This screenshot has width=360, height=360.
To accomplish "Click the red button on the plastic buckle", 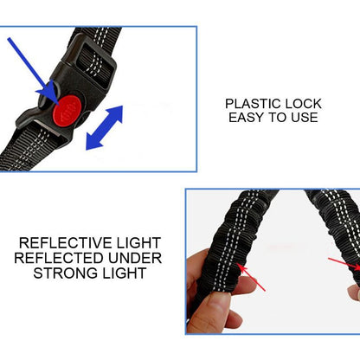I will coord(66,110).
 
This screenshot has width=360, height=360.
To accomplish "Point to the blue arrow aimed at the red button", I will coord(31,64).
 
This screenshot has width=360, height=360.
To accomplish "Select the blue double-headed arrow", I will coord(105,127).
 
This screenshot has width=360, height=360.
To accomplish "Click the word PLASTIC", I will coord(253,102).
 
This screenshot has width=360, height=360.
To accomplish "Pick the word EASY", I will coord(247,117).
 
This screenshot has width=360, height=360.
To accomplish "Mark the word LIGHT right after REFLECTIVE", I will coord(138,243).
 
